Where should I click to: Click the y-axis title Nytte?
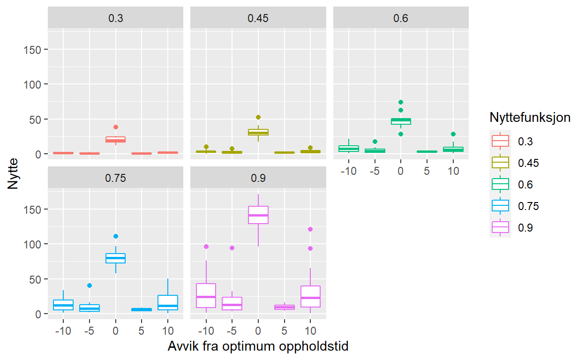click(x=14, y=174)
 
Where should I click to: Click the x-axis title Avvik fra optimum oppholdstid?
click(x=257, y=347)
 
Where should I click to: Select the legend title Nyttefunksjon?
click(x=530, y=117)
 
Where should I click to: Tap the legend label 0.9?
click(x=525, y=227)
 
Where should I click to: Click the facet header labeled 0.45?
click(x=258, y=18)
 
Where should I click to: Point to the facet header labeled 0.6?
click(x=401, y=18)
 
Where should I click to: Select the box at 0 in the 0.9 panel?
click(x=258, y=215)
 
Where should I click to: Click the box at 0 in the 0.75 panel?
click(x=116, y=258)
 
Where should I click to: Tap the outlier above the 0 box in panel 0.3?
click(x=116, y=127)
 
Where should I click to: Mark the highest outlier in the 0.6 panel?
click(x=401, y=102)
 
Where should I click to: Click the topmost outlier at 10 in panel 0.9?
click(x=310, y=229)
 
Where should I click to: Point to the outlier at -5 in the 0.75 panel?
click(x=90, y=285)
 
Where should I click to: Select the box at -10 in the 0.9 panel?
click(x=206, y=296)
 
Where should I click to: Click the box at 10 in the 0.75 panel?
click(x=168, y=303)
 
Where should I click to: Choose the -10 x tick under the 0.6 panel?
click(x=348, y=171)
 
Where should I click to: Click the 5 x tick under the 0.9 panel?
click(x=284, y=331)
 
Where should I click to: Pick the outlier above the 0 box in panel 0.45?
click(x=258, y=117)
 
